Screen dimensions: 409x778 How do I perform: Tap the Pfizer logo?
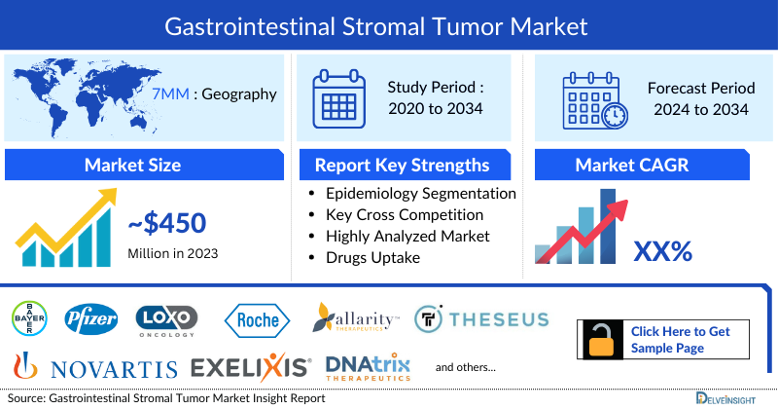click(90, 317)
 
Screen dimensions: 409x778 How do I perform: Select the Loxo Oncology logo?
click(166, 317)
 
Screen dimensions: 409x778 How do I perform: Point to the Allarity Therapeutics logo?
click(357, 317)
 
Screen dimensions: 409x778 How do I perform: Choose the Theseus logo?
click(481, 318)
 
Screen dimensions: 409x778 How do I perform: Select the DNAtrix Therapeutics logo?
click(368, 367)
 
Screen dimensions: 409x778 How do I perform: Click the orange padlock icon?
click(601, 340)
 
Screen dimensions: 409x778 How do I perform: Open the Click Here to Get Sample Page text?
click(680, 340)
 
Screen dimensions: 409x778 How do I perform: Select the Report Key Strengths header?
click(402, 165)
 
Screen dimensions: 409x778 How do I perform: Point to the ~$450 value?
click(166, 224)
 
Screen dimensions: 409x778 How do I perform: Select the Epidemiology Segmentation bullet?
click(420, 193)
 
